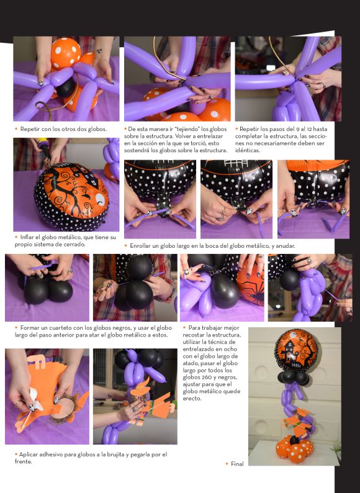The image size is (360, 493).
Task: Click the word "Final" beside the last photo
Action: pyautogui.click(x=237, y=464)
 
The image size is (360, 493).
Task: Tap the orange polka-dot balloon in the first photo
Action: pyautogui.click(x=65, y=53)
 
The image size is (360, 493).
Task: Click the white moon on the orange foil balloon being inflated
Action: pyautogui.click(x=100, y=199)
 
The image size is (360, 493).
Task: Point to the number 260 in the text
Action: pyautogui.click(x=206, y=378)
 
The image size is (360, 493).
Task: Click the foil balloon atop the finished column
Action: pyautogui.click(x=296, y=350)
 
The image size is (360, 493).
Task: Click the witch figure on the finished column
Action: pyautogui.click(x=297, y=422)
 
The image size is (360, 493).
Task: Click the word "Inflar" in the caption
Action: pyautogui.click(x=27, y=237)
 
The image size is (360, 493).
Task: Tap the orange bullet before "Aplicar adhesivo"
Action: pyautogui.click(x=16, y=455)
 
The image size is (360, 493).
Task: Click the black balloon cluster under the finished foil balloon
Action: pyautogui.click(x=294, y=378)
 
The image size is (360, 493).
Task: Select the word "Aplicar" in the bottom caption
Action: pyautogui.click(x=29, y=455)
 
